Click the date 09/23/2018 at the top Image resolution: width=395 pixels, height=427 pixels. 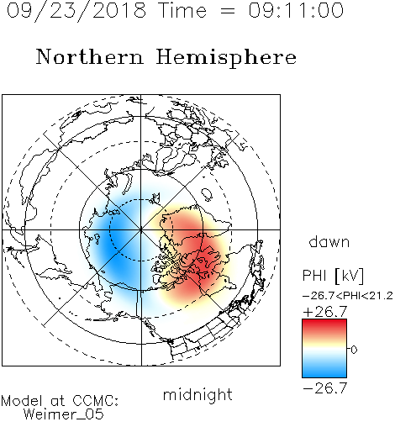pyautogui.click(x=76, y=11)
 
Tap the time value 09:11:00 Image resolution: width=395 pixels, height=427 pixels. pyautogui.click(x=296, y=10)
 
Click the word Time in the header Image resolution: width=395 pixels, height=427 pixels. pyautogui.click(x=182, y=10)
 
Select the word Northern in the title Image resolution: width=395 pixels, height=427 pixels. pyautogui.click(x=90, y=57)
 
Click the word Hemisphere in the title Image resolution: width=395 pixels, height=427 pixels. pyautogui.click(x=226, y=58)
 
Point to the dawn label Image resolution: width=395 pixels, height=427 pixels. pyautogui.click(x=329, y=241)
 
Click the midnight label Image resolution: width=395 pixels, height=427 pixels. pyautogui.click(x=197, y=394)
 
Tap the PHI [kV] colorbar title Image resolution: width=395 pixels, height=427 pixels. pyautogui.click(x=333, y=276)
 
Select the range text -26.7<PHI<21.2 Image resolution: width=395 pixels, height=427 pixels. pyautogui.click(x=348, y=296)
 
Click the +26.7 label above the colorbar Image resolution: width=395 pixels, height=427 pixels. pyautogui.click(x=325, y=312)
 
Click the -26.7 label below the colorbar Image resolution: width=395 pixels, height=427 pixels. pyautogui.click(x=325, y=388)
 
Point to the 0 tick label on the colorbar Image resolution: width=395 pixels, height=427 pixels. pyautogui.click(x=354, y=350)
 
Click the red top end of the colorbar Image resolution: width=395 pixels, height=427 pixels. pyautogui.click(x=324, y=322)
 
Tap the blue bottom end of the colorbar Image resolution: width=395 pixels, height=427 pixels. pyautogui.click(x=324, y=375)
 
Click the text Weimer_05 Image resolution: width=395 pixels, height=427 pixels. pyautogui.click(x=64, y=414)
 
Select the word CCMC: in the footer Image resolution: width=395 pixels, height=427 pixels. pyautogui.click(x=96, y=401)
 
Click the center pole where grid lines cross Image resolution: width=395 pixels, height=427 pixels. pyautogui.click(x=141, y=229)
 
